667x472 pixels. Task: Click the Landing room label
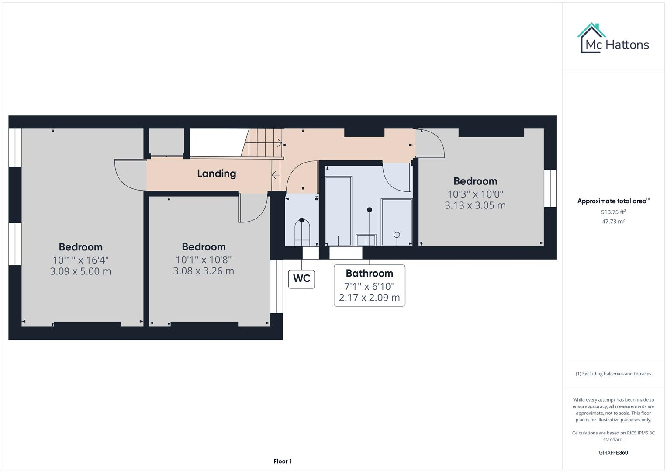click(216, 174)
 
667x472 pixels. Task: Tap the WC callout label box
click(301, 278)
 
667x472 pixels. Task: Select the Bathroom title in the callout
click(369, 274)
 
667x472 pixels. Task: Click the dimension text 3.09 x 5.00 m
click(80, 271)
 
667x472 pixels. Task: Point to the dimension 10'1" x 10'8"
click(204, 260)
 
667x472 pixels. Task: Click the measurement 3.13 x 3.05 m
click(475, 205)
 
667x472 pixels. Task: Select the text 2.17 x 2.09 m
click(369, 298)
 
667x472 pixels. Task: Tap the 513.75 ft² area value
click(613, 212)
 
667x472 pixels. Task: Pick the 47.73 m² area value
click(613, 222)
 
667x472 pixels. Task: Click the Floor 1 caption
click(283, 462)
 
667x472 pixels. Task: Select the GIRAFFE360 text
click(613, 453)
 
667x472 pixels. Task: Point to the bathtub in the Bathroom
click(339, 211)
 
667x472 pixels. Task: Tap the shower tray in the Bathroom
click(396, 222)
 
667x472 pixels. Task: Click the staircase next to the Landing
click(262, 143)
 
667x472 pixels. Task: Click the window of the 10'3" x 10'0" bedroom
click(550, 188)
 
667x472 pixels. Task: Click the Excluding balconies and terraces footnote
click(613, 374)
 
